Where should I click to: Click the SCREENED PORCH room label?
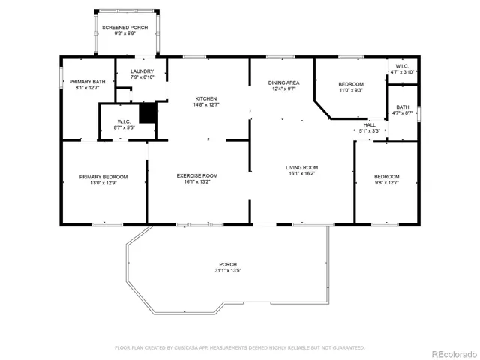point(125,28)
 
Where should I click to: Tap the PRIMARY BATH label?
point(87,82)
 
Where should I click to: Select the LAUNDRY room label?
point(142,71)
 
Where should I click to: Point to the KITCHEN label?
point(206,98)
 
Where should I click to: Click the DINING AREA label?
point(283,82)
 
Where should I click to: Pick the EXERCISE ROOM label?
point(197,175)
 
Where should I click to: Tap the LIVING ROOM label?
point(301,167)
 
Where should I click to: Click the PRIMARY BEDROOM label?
point(103,177)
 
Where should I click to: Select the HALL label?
point(370,125)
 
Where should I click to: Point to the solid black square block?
point(148,113)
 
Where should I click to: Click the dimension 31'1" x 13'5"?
point(228,270)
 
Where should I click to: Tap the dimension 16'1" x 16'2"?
point(301,173)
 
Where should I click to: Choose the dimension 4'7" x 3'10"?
point(402,72)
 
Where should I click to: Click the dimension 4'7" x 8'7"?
point(403,113)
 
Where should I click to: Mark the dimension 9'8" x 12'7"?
point(387,183)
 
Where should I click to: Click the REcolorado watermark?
point(454,354)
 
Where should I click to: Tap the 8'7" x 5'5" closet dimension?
point(124,127)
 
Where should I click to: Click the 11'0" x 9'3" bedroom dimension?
point(351,90)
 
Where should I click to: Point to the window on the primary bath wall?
point(61,78)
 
